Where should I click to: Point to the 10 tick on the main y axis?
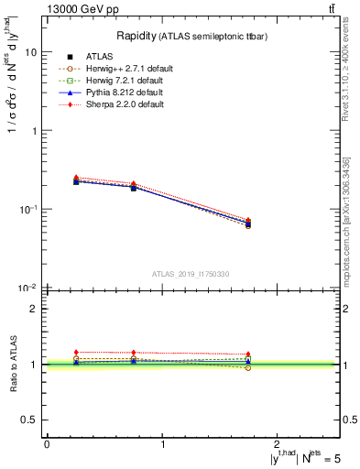coord(31,52)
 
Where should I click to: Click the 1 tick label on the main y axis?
coord(35,131)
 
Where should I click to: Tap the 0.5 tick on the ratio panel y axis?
coord(31,420)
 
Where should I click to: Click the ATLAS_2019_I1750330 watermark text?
coord(191,274)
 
